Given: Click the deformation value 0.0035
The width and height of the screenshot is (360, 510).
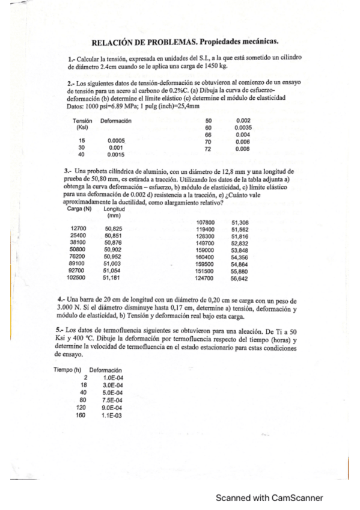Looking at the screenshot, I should [x=243, y=128].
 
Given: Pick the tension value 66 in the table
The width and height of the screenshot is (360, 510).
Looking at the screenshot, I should [x=209, y=135].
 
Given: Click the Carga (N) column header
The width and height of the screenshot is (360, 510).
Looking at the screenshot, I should [x=79, y=209].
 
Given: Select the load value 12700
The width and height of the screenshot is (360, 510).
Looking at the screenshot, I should [x=79, y=229].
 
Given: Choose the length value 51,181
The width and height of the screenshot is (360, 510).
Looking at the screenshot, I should [x=112, y=278].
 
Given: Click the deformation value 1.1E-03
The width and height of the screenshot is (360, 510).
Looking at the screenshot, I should [x=112, y=415].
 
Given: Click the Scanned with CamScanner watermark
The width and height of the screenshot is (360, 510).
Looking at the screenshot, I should [x=269, y=497].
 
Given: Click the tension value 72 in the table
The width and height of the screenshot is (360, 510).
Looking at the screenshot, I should [x=209, y=149].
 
